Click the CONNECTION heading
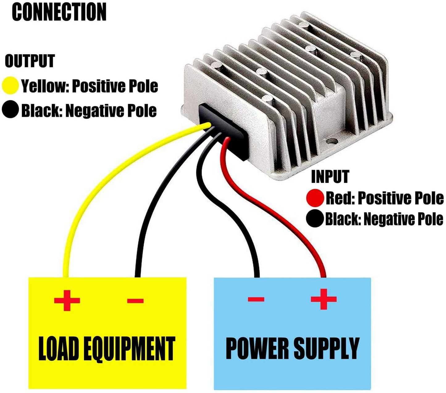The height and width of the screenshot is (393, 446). [x=59, y=12]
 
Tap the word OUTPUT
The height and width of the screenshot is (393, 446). [x=30, y=61]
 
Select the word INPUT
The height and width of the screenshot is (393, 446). [x=330, y=177]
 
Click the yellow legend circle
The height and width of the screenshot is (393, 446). [x=10, y=86]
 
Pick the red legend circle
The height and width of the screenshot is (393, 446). [x=315, y=198]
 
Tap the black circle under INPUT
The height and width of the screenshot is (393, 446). [x=315, y=219]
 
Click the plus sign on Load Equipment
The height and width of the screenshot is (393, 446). [x=67, y=300]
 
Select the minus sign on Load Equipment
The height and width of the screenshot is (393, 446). [x=135, y=300]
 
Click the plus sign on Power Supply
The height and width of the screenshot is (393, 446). [x=323, y=299]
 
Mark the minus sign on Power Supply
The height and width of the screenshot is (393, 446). [x=256, y=299]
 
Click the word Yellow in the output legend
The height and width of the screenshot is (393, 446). [x=43, y=86]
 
